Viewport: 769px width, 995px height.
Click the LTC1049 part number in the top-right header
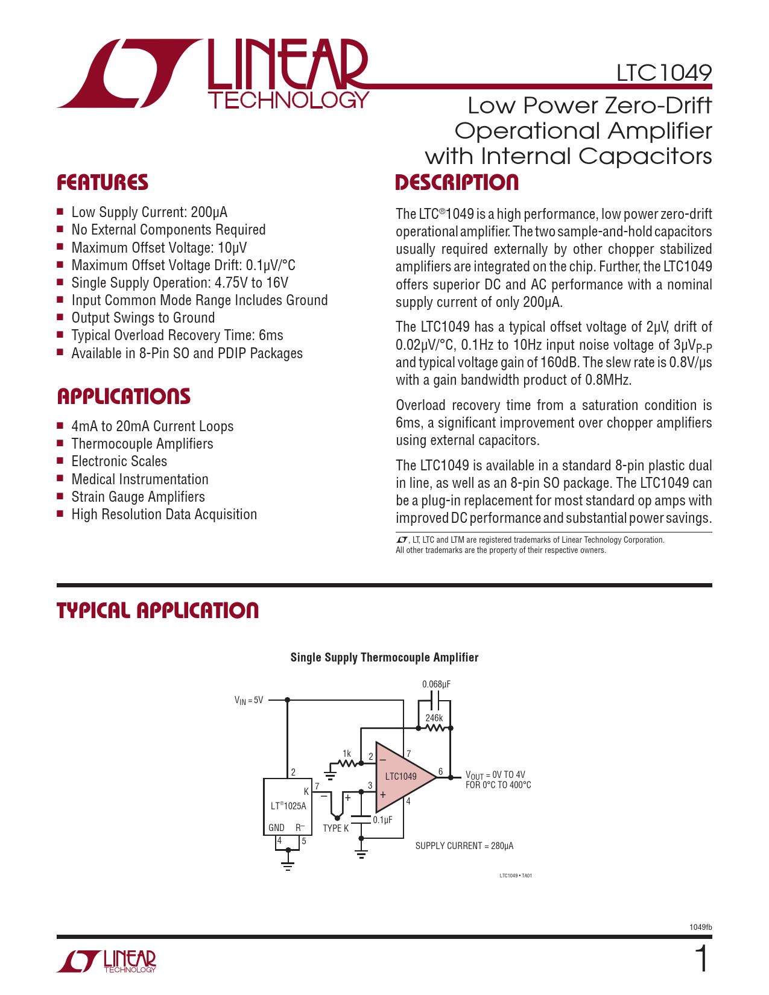(x=663, y=73)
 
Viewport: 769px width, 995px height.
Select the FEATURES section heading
(x=103, y=183)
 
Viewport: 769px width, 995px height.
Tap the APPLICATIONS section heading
(x=124, y=396)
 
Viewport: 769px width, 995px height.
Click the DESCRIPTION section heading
(x=457, y=183)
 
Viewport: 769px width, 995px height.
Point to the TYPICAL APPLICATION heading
(x=157, y=610)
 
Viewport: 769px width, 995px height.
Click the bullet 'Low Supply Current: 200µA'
(x=149, y=212)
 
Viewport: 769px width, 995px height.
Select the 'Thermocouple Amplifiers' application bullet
(x=142, y=444)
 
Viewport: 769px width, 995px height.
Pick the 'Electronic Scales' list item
(x=119, y=461)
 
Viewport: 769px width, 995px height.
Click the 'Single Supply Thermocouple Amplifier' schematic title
(x=384, y=657)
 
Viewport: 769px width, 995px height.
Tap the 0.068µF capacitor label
(x=436, y=684)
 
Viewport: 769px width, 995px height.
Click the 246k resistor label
(x=434, y=718)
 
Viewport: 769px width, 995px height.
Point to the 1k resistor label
(x=346, y=754)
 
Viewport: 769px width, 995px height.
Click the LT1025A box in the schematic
(x=288, y=806)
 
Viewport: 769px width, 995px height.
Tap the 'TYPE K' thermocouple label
(x=335, y=829)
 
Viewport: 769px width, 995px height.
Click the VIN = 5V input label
(x=248, y=700)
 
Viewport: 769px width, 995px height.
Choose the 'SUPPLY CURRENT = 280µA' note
(x=464, y=846)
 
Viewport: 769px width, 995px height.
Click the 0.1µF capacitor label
(x=382, y=820)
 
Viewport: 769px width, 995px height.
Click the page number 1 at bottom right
(x=701, y=959)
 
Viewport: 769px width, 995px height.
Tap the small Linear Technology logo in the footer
(x=107, y=961)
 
